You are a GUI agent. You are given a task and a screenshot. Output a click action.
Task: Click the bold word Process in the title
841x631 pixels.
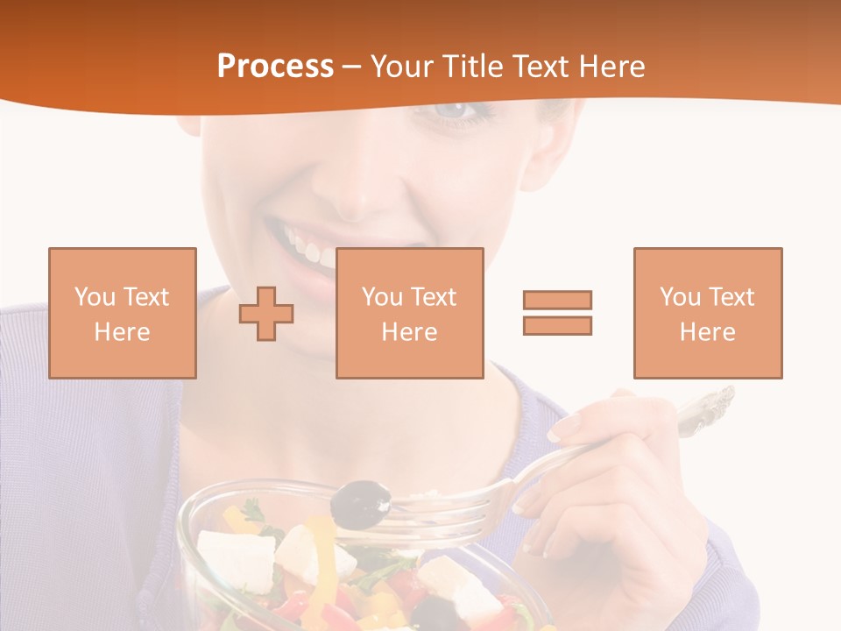click(x=275, y=67)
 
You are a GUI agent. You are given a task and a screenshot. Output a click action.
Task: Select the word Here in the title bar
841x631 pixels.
click(x=611, y=67)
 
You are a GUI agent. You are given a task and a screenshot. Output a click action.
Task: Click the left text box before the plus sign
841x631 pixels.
click(x=122, y=313)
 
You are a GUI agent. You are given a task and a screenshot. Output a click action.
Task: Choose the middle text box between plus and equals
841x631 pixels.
click(x=409, y=313)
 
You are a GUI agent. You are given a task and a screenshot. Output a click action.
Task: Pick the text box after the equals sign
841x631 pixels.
click(x=707, y=313)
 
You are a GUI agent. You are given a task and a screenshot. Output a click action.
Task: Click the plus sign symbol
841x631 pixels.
click(x=266, y=314)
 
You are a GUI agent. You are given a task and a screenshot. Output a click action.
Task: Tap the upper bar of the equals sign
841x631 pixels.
click(x=557, y=300)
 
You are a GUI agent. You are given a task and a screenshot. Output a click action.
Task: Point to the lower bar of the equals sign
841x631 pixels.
click(x=557, y=325)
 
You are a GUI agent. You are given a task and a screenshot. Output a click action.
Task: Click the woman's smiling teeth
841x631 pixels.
click(x=307, y=245)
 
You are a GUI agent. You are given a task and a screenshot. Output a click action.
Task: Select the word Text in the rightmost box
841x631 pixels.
click(x=731, y=297)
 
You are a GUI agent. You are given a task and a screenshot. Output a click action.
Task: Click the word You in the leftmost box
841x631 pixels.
click(x=95, y=297)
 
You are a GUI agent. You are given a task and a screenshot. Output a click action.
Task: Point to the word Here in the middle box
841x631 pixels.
click(x=409, y=332)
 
